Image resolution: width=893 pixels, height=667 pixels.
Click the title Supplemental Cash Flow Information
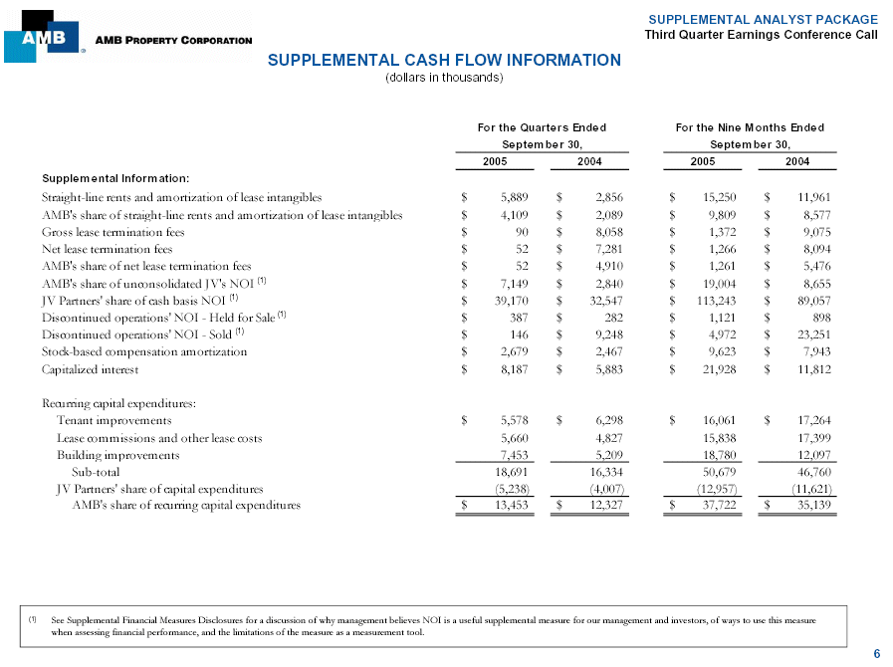pyautogui.click(x=444, y=60)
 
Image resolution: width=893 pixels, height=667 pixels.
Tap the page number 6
pyautogui.click(x=876, y=653)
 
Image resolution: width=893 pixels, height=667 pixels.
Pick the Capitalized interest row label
pyautogui.click(x=91, y=369)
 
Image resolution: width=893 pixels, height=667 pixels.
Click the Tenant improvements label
pyautogui.click(x=114, y=420)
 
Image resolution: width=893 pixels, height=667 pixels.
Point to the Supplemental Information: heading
pyautogui.click(x=110, y=178)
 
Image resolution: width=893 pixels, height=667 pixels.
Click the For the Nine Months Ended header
pyautogui.click(x=750, y=127)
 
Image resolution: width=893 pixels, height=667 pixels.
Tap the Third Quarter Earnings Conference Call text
pyautogui.click(x=761, y=35)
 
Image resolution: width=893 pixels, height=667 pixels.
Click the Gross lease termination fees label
pyautogui.click(x=108, y=231)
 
